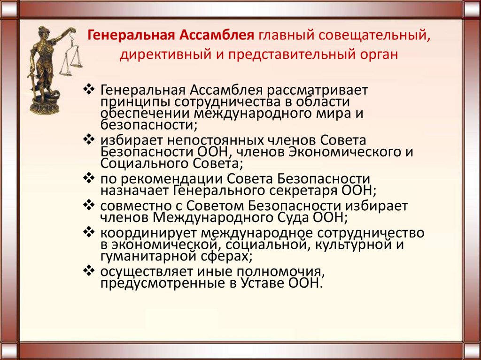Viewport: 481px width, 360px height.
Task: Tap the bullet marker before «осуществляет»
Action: point(89,271)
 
